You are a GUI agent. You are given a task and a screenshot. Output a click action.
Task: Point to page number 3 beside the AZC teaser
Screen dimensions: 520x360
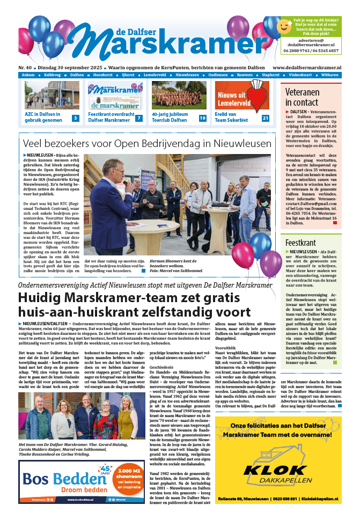(x=76, y=118)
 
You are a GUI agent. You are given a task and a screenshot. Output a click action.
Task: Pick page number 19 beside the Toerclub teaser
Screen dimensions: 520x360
(x=202, y=118)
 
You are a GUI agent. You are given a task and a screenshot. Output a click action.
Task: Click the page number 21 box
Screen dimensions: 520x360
(x=265, y=118)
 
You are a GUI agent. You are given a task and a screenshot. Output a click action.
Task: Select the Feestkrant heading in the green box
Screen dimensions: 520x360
(x=300, y=243)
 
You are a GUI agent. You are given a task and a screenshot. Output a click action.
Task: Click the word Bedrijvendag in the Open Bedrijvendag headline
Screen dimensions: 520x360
(x=179, y=143)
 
